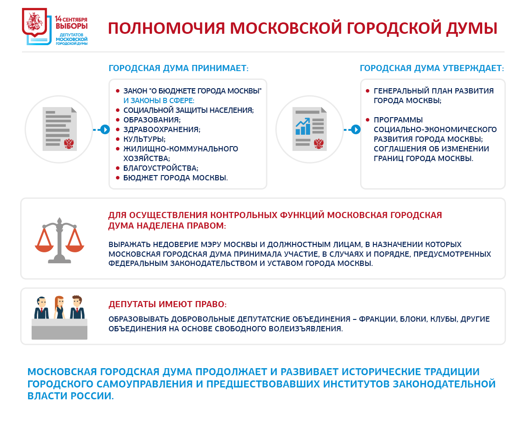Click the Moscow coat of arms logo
point(35,22)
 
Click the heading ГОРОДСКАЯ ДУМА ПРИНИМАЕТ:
point(178,69)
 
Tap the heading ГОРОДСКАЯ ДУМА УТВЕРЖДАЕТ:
point(432,69)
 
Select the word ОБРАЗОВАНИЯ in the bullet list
point(152,120)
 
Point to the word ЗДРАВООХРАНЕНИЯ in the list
point(162,129)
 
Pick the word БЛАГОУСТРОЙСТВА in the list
point(161,168)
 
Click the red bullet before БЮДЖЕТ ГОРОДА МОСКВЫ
point(118,178)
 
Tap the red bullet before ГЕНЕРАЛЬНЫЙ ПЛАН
point(368,91)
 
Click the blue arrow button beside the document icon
point(105,129)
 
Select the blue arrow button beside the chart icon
point(356,129)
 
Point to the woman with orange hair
point(59,307)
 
